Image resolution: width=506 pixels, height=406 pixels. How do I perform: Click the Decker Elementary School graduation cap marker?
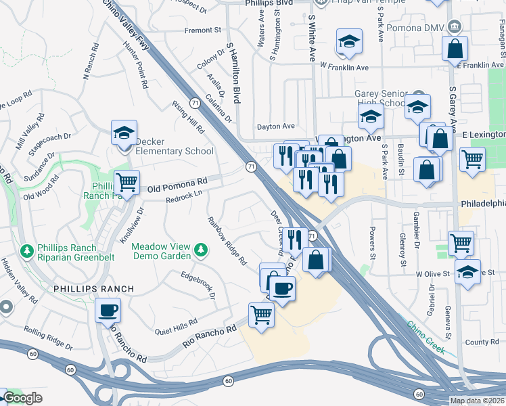(124, 133)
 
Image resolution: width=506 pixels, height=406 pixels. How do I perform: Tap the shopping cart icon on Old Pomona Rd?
(127, 181)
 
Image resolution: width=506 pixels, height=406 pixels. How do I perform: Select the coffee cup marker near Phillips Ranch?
(108, 310)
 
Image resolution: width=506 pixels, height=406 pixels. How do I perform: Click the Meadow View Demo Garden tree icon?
(201, 250)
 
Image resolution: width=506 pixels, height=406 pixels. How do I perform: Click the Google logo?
(22, 398)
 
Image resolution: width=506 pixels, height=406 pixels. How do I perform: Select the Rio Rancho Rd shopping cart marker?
(260, 314)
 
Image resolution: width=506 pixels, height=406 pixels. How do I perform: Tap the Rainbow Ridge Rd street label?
(227, 241)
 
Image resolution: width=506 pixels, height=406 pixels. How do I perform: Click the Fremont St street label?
(203, 30)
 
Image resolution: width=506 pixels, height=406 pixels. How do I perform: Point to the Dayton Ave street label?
(275, 126)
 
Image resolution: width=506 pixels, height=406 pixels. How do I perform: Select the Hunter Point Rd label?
(135, 66)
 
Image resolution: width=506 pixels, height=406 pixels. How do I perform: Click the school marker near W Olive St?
(467, 272)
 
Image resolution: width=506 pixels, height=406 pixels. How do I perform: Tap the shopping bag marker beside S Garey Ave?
(456, 49)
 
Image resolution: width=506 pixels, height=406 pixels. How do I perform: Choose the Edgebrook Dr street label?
(198, 286)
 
